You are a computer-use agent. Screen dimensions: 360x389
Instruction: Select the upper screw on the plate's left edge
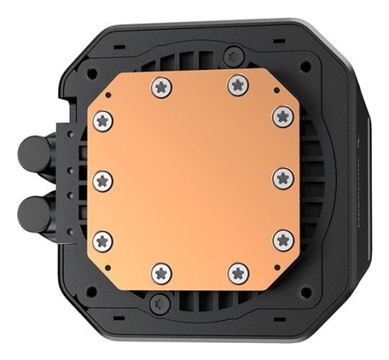[x=102, y=121]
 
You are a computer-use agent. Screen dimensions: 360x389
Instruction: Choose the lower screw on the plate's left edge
[x=102, y=238]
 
